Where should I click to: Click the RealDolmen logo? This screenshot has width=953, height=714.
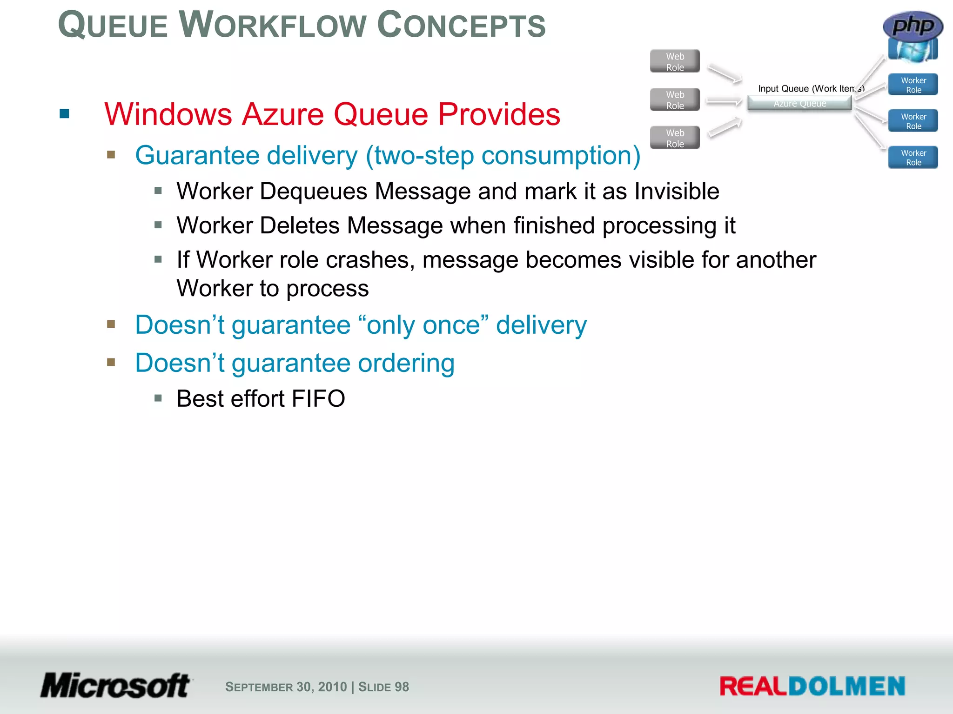tap(812, 686)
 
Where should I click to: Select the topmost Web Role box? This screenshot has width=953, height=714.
tap(675, 61)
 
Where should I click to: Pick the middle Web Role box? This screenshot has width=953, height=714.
tap(675, 100)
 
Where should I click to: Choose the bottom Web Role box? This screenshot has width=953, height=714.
tap(675, 138)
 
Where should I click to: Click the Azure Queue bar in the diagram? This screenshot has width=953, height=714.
tap(799, 104)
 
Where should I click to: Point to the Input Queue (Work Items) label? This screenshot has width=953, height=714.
tap(811, 88)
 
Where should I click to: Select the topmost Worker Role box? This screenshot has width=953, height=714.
tap(913, 85)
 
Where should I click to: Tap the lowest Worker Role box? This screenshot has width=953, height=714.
tap(913, 158)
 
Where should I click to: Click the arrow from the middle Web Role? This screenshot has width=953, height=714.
tap(724, 101)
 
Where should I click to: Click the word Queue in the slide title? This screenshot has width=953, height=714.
tap(113, 25)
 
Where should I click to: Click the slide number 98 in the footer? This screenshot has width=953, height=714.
tap(402, 687)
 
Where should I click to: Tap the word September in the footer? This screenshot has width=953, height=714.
tap(259, 687)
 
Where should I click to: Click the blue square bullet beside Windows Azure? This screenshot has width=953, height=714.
tap(65, 114)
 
